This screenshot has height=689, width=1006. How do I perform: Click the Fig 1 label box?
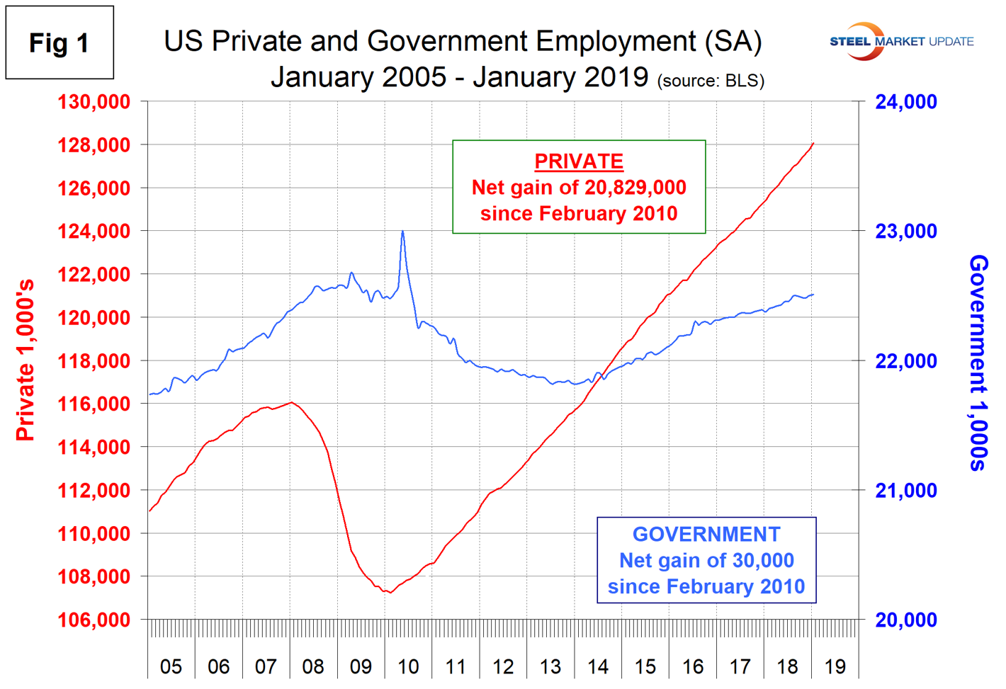click(x=60, y=43)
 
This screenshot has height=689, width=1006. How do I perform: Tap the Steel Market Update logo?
click(x=901, y=41)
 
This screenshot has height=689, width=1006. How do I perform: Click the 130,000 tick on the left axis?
click(x=94, y=102)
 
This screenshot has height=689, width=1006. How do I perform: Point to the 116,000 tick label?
click(x=94, y=404)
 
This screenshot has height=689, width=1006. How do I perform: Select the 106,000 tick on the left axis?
click(x=94, y=620)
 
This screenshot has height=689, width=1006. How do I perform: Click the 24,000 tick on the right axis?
click(x=905, y=102)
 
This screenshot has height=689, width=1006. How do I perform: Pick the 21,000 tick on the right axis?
click(x=905, y=491)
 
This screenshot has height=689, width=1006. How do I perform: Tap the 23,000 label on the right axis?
click(x=905, y=232)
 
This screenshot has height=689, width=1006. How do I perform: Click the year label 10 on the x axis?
click(x=408, y=667)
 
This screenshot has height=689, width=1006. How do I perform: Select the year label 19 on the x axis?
click(x=835, y=667)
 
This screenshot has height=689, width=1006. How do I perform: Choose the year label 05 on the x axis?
click(x=171, y=667)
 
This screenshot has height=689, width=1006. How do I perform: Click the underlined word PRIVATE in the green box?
click(x=579, y=161)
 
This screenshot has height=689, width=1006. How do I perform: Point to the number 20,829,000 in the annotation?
click(x=634, y=188)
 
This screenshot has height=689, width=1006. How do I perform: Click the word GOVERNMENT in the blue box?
click(x=706, y=535)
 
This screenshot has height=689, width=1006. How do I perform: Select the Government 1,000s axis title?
click(x=978, y=363)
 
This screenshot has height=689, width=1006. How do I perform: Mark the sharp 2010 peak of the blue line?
click(x=402, y=231)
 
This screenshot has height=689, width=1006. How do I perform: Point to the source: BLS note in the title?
click(x=711, y=81)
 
